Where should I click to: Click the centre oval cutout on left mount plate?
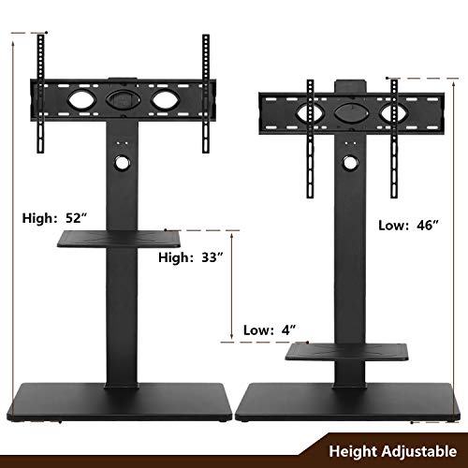[x=120, y=97]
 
